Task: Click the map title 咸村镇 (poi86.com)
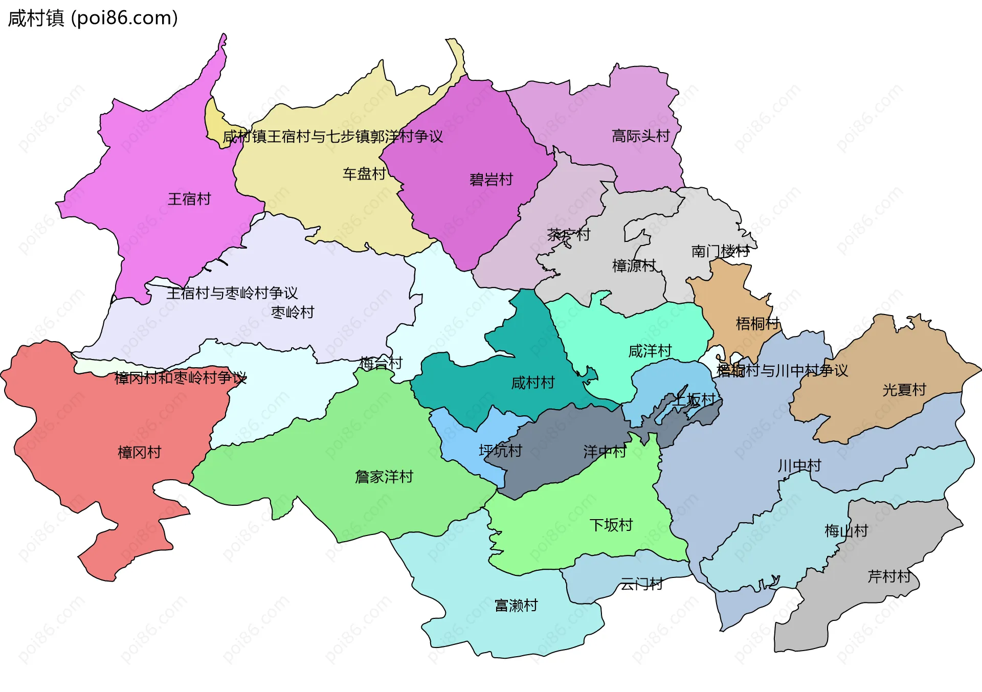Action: (93, 18)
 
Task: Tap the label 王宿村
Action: (189, 199)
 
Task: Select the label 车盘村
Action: (364, 174)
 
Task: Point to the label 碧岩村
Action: (491, 180)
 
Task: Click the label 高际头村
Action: (640, 136)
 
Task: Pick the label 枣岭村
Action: (293, 312)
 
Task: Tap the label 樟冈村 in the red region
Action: (139, 452)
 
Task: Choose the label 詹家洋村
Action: (384, 477)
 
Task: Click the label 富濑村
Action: (516, 606)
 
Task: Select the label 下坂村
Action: (611, 525)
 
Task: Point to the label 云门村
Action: (641, 584)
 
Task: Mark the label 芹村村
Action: (889, 577)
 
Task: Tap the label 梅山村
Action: (846, 531)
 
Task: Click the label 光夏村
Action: (904, 390)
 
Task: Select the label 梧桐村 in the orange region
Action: (757, 323)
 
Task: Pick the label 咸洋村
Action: (650, 351)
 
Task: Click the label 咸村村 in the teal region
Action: (533, 383)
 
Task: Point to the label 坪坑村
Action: (500, 451)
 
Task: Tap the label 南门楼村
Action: (720, 251)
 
